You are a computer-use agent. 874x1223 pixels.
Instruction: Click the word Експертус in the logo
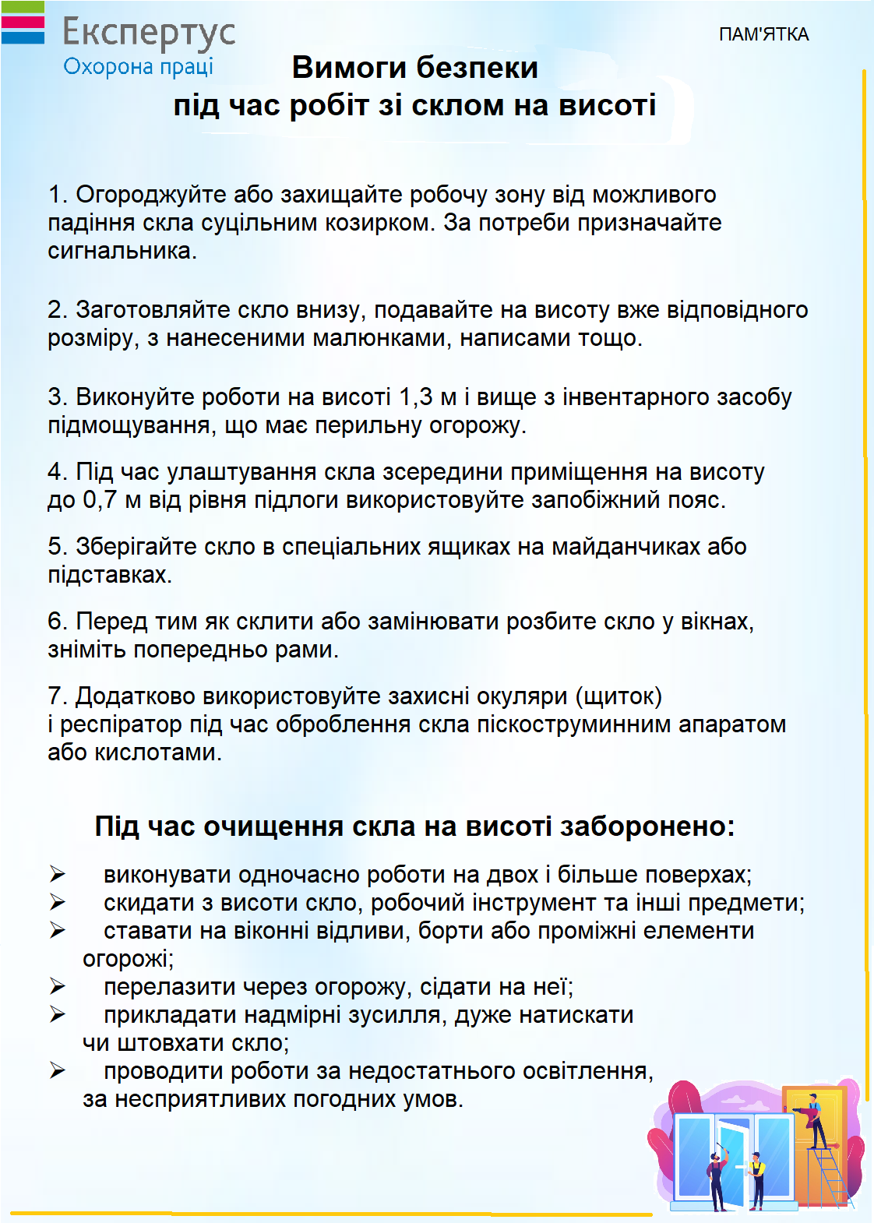click(x=148, y=33)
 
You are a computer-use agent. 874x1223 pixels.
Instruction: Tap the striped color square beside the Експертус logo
click(x=23, y=23)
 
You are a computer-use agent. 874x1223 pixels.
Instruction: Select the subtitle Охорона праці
click(x=138, y=67)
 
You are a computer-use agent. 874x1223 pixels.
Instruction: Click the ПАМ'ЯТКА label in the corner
click(x=763, y=34)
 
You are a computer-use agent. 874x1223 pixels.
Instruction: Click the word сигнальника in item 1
click(x=121, y=251)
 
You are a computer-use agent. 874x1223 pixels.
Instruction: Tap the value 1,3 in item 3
click(x=415, y=397)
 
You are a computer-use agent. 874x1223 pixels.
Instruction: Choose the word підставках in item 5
click(x=108, y=575)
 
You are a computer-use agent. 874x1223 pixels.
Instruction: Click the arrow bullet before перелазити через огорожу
click(x=58, y=987)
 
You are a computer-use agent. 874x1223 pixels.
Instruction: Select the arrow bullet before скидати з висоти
click(x=58, y=903)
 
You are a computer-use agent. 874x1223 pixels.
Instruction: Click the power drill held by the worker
click(x=800, y=1109)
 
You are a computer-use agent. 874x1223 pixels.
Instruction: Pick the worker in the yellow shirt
click(x=756, y=1176)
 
